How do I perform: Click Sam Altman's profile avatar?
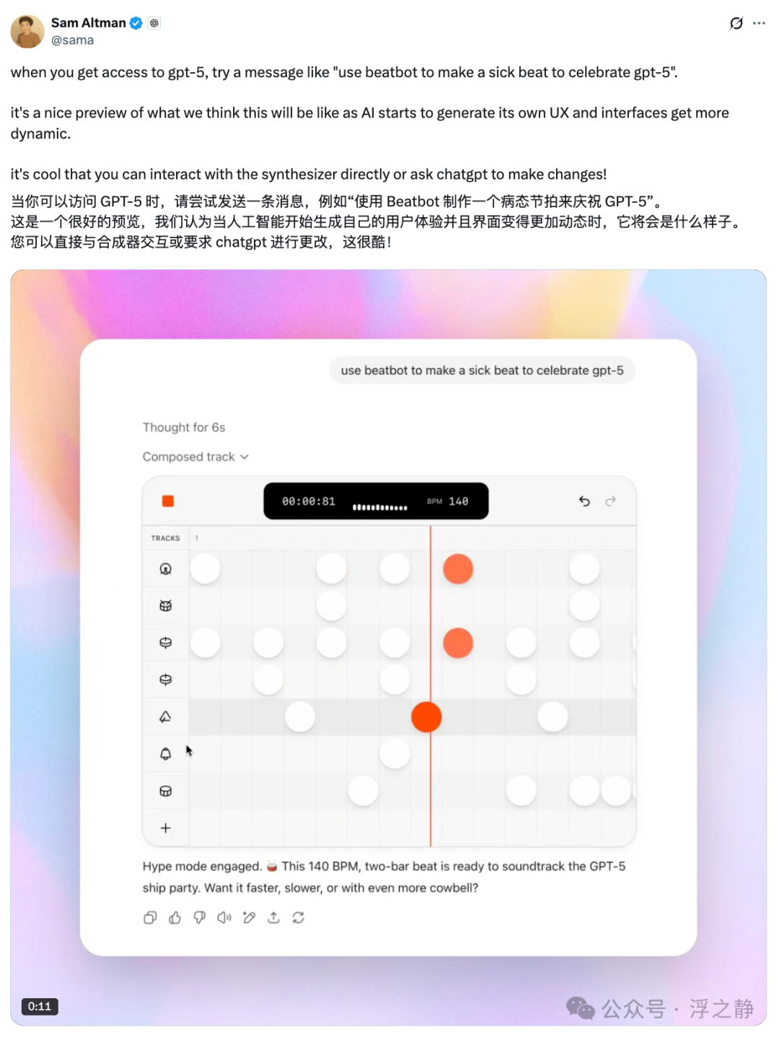(27, 31)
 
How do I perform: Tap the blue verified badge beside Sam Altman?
(136, 23)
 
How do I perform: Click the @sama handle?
(73, 40)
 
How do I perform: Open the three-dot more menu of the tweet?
(759, 23)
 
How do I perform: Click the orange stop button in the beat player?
(168, 501)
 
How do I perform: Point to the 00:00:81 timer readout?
(309, 501)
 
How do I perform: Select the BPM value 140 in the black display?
(458, 501)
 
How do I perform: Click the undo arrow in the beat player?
(584, 501)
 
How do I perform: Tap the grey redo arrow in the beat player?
(610, 501)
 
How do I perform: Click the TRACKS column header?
(165, 538)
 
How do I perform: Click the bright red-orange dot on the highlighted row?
(426, 717)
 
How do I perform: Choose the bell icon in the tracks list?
(165, 754)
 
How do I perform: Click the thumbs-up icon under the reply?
(175, 918)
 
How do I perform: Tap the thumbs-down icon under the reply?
(200, 918)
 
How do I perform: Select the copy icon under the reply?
(150, 918)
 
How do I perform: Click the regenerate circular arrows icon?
(299, 918)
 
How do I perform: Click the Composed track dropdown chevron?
(245, 457)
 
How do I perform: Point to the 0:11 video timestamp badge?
(40, 1006)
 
